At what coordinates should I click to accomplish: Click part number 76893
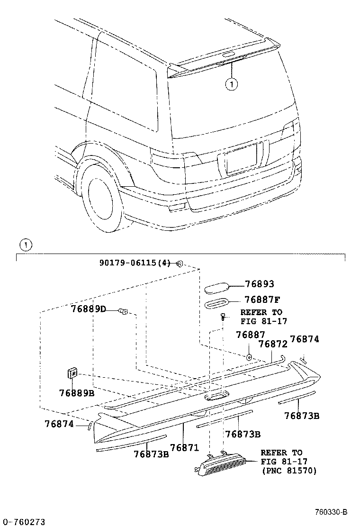pyautogui.click(x=260, y=284)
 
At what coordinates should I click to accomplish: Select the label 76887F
pyautogui.click(x=262, y=300)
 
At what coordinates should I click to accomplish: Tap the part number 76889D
pyautogui.click(x=88, y=309)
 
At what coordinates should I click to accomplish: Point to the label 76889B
pyautogui.click(x=77, y=392)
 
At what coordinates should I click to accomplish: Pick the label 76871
pyautogui.click(x=184, y=447)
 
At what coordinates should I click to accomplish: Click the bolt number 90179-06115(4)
pyautogui.click(x=135, y=263)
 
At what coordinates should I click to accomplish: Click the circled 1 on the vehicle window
pyautogui.click(x=231, y=84)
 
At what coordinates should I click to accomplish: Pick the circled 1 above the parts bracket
pyautogui.click(x=25, y=245)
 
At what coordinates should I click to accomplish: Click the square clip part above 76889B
pyautogui.click(x=72, y=373)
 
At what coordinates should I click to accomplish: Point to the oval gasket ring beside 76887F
pyautogui.click(x=217, y=303)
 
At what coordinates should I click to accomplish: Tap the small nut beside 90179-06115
pyautogui.click(x=180, y=263)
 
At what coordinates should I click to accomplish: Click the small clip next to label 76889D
pyautogui.click(x=124, y=311)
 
